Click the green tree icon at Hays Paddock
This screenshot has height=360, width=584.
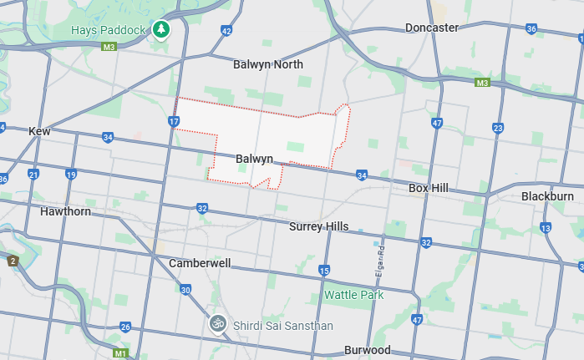(x=160, y=30)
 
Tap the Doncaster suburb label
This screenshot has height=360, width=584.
(x=432, y=28)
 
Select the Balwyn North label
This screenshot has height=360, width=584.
(x=268, y=64)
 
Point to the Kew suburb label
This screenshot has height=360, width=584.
(x=39, y=131)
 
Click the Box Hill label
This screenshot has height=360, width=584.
(x=429, y=188)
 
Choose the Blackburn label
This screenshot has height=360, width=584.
(x=547, y=196)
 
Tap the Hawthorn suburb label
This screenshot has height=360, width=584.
(x=65, y=211)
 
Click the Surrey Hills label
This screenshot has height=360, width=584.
(x=318, y=226)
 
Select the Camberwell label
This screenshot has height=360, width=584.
(x=200, y=262)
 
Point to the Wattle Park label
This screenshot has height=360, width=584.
(x=353, y=295)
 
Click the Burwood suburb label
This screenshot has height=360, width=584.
(x=367, y=350)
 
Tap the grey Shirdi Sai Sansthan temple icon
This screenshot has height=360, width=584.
(x=217, y=322)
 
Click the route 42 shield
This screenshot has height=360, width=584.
(x=226, y=31)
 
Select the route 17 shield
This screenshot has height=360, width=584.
(x=173, y=122)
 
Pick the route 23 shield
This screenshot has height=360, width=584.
(x=498, y=128)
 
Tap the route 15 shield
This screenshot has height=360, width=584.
(x=324, y=270)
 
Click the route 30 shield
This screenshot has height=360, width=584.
(x=185, y=289)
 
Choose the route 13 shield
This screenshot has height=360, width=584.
(x=546, y=228)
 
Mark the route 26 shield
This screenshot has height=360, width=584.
(x=125, y=327)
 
